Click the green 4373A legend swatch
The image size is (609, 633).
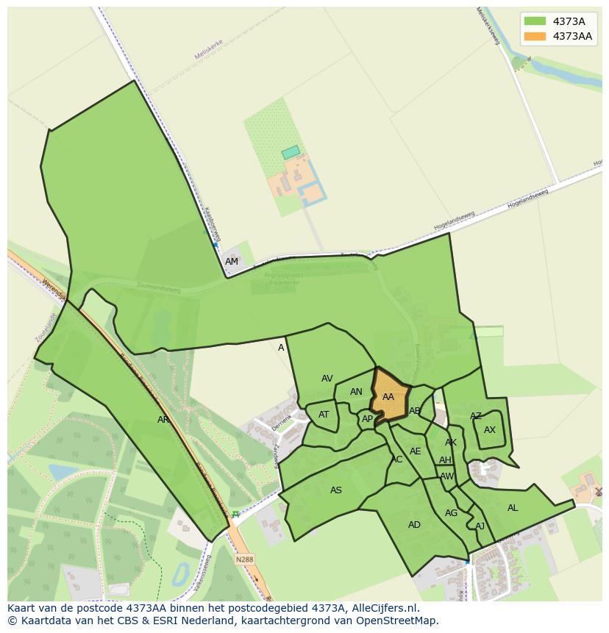(x=535, y=21)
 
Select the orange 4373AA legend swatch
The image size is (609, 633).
(x=535, y=36)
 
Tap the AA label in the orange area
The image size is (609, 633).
(x=388, y=397)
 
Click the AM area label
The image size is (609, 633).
(x=232, y=262)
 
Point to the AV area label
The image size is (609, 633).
(x=327, y=379)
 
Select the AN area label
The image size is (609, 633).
(x=356, y=392)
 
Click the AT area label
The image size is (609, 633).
(x=324, y=415)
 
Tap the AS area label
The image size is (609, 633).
(x=336, y=490)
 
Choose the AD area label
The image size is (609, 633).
(x=414, y=525)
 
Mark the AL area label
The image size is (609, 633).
(x=513, y=508)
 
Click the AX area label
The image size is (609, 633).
(x=490, y=430)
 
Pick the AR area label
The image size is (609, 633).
(x=163, y=420)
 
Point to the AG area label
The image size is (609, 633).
(x=451, y=513)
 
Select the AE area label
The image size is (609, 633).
(x=416, y=451)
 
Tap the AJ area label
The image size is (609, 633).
(x=480, y=526)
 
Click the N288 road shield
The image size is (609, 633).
(x=243, y=559)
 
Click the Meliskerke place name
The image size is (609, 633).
(x=208, y=49)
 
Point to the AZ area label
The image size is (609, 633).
(x=476, y=416)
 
